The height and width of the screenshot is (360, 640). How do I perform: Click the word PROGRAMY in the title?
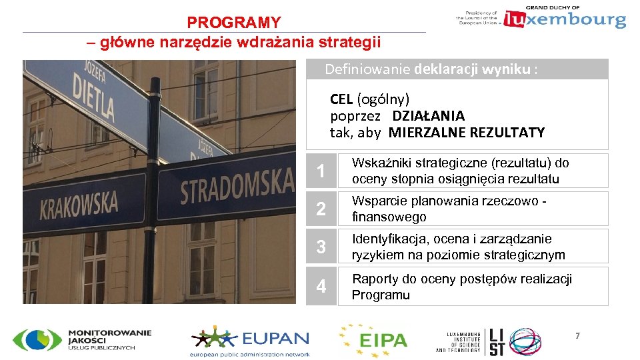[234, 23]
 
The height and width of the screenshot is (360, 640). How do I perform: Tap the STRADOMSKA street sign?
[237, 186]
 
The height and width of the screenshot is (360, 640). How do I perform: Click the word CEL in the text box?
[341, 99]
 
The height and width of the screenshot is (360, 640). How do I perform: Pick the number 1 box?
[321, 171]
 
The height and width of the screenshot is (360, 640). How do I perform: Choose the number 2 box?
[321, 209]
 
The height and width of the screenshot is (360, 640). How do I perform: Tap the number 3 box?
[321, 247]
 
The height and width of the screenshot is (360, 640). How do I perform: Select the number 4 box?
[321, 286]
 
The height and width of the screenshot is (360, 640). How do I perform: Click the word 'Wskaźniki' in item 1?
[381, 163]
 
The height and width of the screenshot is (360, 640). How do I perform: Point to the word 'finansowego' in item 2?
[389, 217]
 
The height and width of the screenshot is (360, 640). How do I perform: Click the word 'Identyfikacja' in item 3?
[391, 239]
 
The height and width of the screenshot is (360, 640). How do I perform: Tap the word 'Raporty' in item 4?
[374, 279]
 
